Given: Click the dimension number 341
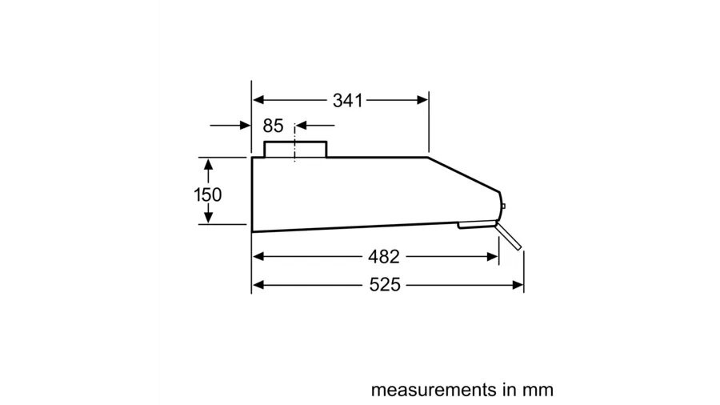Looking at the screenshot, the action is (348, 101).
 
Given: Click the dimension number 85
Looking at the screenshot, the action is (274, 126).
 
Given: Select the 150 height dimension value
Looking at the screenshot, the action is (208, 194).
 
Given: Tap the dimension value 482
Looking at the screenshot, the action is (383, 257).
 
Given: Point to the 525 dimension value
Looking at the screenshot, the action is (385, 285).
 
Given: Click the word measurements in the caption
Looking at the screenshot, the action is (434, 390).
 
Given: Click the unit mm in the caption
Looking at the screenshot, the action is (538, 391).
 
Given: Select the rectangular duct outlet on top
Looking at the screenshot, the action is (295, 149).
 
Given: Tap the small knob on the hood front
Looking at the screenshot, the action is (503, 207).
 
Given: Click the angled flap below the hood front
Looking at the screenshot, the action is (509, 236).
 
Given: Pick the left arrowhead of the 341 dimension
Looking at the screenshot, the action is (258, 99).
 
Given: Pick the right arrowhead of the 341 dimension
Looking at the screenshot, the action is (422, 99).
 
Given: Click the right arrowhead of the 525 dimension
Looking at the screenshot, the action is (518, 285).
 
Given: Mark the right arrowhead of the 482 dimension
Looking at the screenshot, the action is (492, 257).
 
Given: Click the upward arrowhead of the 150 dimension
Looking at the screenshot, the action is (209, 164).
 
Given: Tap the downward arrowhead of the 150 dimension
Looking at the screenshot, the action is (209, 218).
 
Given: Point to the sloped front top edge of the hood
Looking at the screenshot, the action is (464, 174).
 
